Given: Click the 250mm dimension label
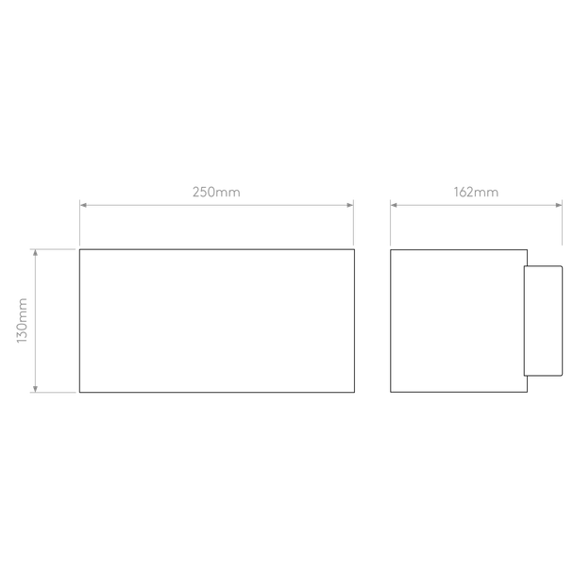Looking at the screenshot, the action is tap(216, 193).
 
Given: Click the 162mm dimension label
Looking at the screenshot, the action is tap(476, 193).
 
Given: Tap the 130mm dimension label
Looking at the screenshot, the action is tap(22, 321).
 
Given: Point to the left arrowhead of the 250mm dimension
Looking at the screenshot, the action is tap(83, 205).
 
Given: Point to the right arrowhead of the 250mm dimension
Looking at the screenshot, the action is tap(349, 205).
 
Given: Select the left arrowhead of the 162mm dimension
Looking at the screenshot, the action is tap(394, 205).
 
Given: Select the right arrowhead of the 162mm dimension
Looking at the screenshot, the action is tap(559, 205).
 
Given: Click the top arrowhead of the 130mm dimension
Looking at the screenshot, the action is tap(35, 253).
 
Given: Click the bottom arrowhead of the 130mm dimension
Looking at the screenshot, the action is tap(35, 389).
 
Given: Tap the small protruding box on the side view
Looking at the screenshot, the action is tap(543, 321).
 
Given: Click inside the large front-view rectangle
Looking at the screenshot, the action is tap(217, 321).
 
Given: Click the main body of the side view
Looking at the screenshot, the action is tap(459, 321).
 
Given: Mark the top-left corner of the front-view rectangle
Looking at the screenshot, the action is tap(80, 249).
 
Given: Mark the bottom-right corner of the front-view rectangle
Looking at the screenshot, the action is tap(354, 393).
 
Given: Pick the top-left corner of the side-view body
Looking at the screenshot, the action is tap(391, 250).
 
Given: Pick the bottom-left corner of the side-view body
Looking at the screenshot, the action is tap(391, 392).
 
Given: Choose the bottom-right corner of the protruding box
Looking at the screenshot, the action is tap(563, 376).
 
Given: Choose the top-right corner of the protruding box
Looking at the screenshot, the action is tap(563, 266).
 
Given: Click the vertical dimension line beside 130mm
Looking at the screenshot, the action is tap(35, 321).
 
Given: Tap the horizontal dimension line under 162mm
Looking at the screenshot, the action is tap(476, 205).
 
